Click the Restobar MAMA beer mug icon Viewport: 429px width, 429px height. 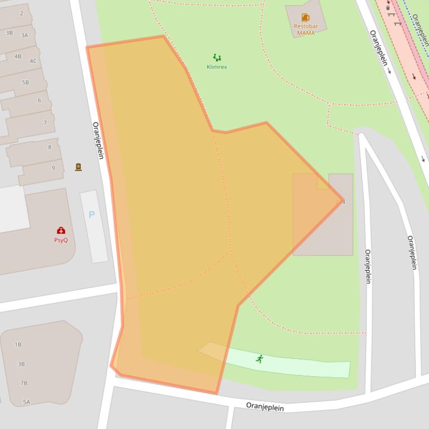[305, 17]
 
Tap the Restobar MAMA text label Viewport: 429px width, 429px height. [306, 30]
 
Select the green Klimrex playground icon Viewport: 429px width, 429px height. [217, 57]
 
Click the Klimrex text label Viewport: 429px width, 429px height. [217, 67]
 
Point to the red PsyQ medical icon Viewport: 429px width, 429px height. [61, 231]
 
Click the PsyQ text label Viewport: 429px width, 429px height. [61, 240]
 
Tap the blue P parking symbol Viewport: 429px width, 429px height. [92, 214]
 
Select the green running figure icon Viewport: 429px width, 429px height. [259, 359]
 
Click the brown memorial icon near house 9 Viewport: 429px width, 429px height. [79, 167]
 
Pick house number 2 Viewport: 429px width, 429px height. [22, 13]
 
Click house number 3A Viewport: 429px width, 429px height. [25, 35]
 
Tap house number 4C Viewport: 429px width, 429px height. [33, 61]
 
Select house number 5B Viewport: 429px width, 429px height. [25, 82]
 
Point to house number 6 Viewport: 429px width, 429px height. [40, 100]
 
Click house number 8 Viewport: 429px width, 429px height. [50, 147]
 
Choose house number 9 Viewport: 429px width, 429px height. [54, 168]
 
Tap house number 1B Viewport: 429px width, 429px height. [18, 345]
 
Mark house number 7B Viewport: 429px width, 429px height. [24, 383]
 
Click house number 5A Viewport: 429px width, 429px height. [26, 402]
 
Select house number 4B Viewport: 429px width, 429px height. [18, 56]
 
